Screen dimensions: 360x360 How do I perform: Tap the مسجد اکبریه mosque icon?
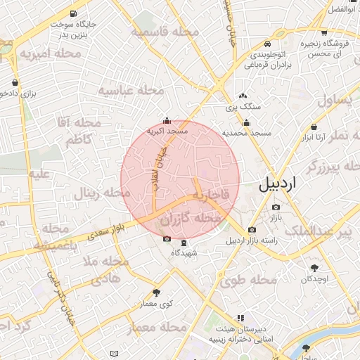coord(166,120)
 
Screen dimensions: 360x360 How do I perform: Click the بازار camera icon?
coord(276,207)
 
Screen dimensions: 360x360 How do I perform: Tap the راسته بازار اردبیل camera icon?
coord(252,229)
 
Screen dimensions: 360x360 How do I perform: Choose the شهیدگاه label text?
coord(184,253)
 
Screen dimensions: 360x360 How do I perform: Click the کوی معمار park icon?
coord(156,292)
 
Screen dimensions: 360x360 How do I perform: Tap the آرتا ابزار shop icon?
coord(312,127)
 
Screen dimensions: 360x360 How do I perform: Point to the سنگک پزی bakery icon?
coord(243,96)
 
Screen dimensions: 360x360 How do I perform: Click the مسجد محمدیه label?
coord(247,132)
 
